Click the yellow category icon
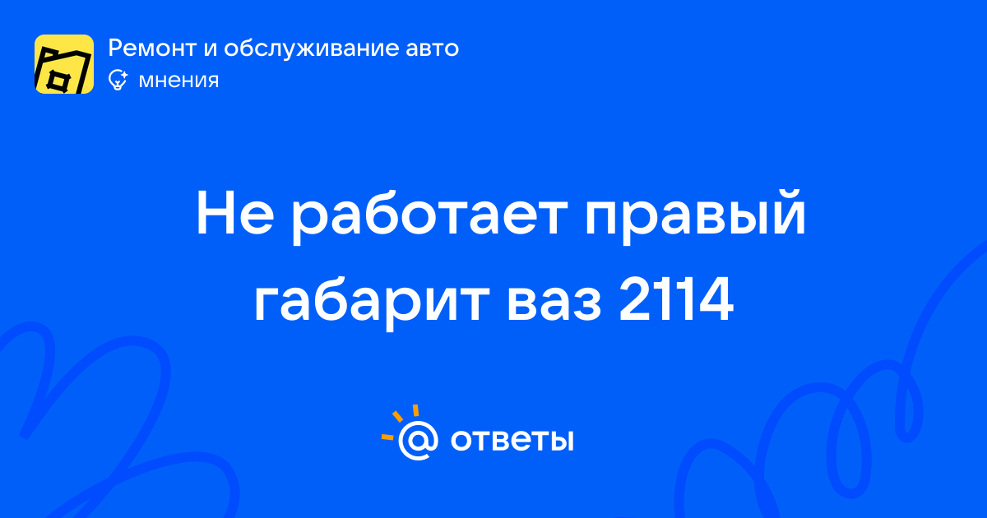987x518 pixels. click(x=64, y=64)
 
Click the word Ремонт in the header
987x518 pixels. click(x=152, y=48)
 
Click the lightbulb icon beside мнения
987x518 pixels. click(x=118, y=81)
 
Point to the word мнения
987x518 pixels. click(x=178, y=81)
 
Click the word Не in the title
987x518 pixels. click(x=235, y=214)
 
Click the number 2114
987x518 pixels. click(x=676, y=300)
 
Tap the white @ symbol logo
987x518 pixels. click(x=418, y=441)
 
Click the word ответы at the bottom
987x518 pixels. click(x=512, y=440)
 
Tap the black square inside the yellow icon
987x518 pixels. click(x=58, y=81)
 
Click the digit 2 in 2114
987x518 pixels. click(x=637, y=299)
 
